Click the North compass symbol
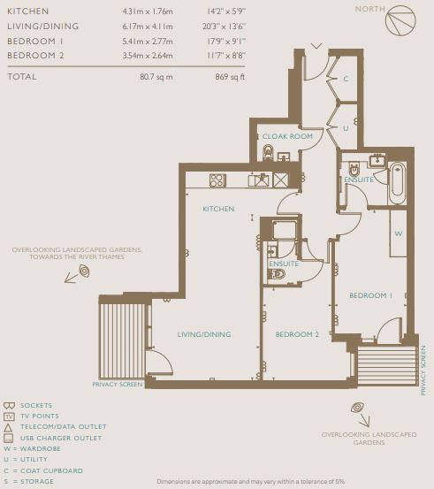pyautogui.click(x=400, y=20)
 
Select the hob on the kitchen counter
pyautogui.click(x=217, y=180)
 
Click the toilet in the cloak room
pyautogui.click(x=268, y=153)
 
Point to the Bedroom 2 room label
pyautogui.click(x=297, y=334)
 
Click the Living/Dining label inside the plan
pyautogui.click(x=204, y=334)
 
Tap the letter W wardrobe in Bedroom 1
pyautogui.click(x=399, y=233)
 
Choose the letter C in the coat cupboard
pyautogui.click(x=346, y=79)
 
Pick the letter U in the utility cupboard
pyautogui.click(x=346, y=128)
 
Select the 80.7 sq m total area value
pyautogui.click(x=156, y=77)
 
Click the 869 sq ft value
pyautogui.click(x=230, y=77)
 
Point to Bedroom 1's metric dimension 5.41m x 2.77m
pyautogui.click(x=148, y=42)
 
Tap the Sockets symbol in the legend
pyautogui.click(x=9, y=405)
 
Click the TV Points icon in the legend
pyautogui.click(x=9, y=416)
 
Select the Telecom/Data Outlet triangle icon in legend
pyautogui.click(x=8, y=427)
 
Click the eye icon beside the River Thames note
pyautogui.click(x=85, y=271)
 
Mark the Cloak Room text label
pyautogui.click(x=287, y=136)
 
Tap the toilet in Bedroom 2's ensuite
pyautogui.click(x=277, y=274)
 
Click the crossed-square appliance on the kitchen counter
pyautogui.click(x=280, y=180)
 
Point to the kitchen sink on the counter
pyautogui.click(x=258, y=180)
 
